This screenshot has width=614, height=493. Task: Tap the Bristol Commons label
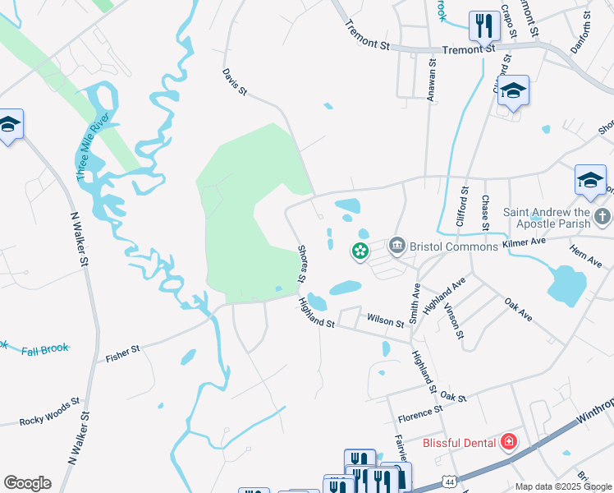pos(454,246)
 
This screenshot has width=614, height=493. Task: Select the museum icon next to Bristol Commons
pos(396,246)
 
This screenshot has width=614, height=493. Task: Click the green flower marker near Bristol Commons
pos(360,251)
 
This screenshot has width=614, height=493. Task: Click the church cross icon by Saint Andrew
pos(602,217)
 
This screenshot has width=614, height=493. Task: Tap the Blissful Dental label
pos(459,443)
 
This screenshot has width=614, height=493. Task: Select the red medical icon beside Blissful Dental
pos(509,443)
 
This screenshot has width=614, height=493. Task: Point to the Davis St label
pos(235,81)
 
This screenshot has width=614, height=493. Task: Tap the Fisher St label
pos(123,355)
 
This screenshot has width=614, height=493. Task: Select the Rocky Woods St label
pos(51,412)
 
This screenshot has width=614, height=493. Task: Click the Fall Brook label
pos(45,349)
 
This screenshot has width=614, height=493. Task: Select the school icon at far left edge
pos(10,124)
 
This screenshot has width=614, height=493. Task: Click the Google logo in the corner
pos(27,483)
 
